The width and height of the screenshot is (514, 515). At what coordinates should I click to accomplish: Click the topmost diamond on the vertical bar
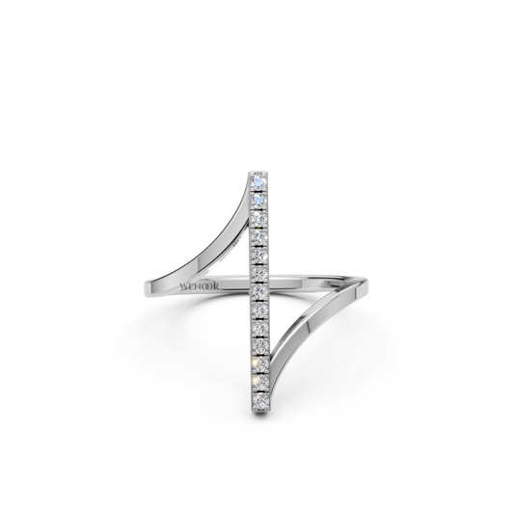tap(259, 180)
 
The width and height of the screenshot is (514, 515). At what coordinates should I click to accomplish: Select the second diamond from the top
tap(259, 199)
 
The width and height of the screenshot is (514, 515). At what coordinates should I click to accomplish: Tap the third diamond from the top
tap(259, 217)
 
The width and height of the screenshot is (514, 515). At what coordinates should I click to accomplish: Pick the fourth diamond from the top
tap(259, 235)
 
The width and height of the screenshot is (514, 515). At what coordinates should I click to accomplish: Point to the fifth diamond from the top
tap(260, 254)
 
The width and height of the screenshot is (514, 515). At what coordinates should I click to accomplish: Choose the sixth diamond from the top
tap(260, 272)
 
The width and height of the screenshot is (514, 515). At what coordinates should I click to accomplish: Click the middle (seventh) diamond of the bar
tap(260, 290)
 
